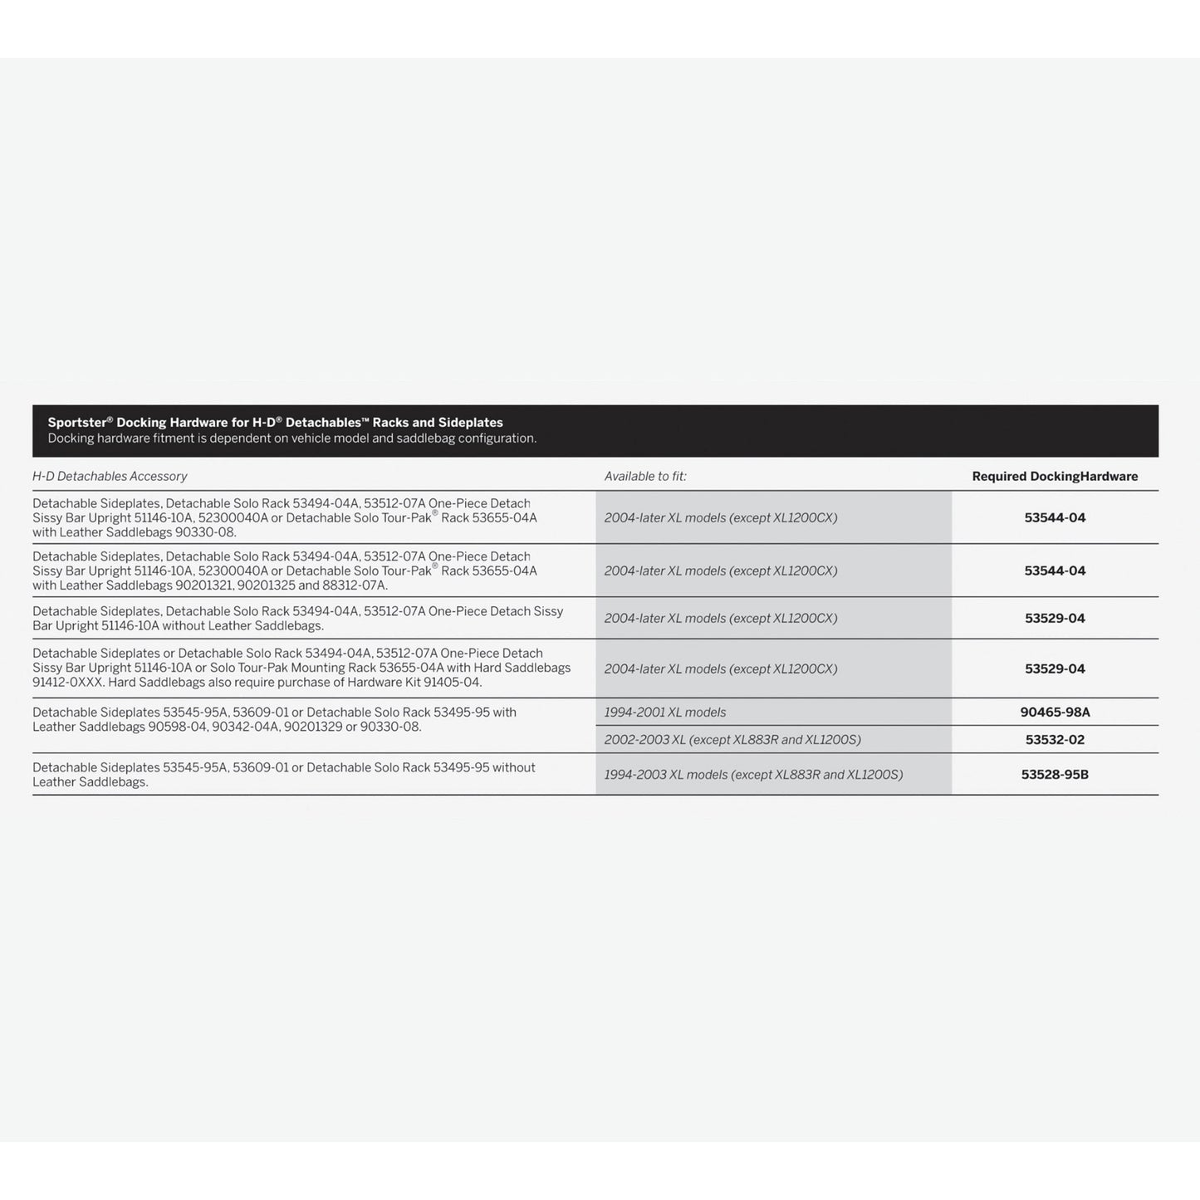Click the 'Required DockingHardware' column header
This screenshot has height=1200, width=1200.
point(1055,477)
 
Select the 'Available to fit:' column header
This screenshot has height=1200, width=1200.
point(645,477)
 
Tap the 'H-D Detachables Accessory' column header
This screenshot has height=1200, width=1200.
point(110,477)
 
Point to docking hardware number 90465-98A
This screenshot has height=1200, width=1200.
point(1055,713)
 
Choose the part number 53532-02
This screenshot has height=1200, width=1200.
point(1055,740)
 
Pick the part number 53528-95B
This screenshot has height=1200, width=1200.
point(1055,775)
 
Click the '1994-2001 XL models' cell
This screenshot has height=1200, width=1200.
point(665,713)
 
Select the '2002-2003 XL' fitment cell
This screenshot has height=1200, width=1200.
point(732,740)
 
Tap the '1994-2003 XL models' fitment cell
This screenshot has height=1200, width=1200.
point(753,775)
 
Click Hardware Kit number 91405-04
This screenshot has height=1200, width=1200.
point(453,683)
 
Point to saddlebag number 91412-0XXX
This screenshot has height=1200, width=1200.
point(68,683)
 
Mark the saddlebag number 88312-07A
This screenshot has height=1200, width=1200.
point(354,585)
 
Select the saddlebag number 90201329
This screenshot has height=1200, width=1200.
point(313,727)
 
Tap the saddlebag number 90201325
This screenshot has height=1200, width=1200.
point(266,585)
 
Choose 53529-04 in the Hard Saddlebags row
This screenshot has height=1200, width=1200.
point(1055,669)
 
